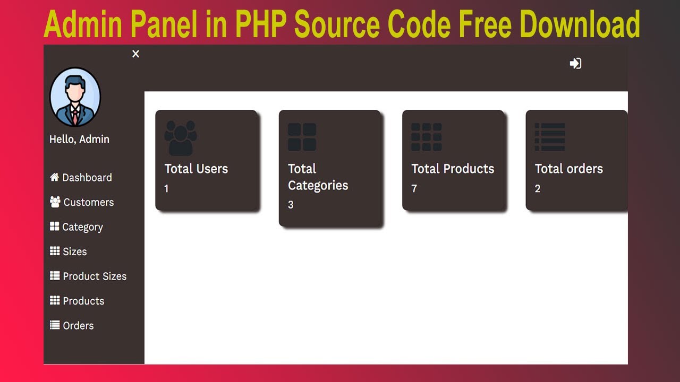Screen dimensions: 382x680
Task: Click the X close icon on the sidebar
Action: click(135, 54)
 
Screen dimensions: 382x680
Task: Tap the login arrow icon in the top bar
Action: click(575, 64)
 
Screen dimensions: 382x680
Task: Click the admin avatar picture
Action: click(75, 97)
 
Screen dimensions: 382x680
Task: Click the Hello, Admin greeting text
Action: click(79, 139)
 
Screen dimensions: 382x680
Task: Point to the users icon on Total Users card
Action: click(181, 137)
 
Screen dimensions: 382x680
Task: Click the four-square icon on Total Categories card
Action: click(302, 137)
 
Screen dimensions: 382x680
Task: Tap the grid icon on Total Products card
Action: click(426, 137)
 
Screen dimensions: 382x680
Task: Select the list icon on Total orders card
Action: click(549, 137)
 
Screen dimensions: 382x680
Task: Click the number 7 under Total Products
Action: click(414, 188)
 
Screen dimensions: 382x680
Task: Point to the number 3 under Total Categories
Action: click(291, 205)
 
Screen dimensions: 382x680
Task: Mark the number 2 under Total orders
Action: click(538, 188)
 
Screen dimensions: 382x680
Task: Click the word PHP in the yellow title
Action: click(262, 24)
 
